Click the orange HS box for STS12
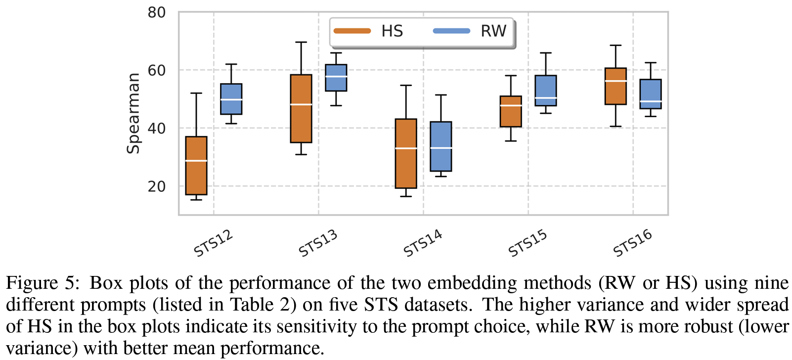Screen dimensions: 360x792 click(196, 166)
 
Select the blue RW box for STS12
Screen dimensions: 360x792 click(231, 99)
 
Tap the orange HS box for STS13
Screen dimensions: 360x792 click(301, 109)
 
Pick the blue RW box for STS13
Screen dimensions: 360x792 click(336, 78)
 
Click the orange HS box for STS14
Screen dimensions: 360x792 click(406, 153)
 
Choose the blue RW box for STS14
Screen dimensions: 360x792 click(441, 146)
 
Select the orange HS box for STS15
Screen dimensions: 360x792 click(511, 111)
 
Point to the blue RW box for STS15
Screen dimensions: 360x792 click(546, 90)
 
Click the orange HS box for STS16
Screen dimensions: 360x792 click(616, 86)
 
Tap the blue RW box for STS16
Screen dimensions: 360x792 click(651, 94)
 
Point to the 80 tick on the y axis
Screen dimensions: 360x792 click(157, 12)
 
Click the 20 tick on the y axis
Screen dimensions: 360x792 click(157, 186)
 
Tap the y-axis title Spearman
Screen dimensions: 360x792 click(133, 113)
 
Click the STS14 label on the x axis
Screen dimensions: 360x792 click(423, 243)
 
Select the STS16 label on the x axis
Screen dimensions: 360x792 click(633, 243)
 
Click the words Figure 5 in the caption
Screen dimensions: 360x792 click(43, 283)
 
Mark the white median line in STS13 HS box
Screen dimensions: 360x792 click(301, 105)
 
